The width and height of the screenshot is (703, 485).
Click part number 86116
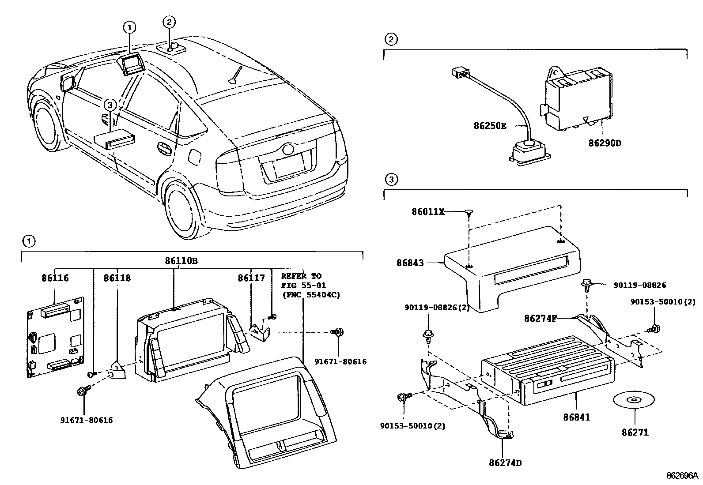point(55,278)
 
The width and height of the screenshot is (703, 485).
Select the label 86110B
point(181,261)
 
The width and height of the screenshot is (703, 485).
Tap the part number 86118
point(117,278)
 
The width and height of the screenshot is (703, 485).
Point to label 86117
point(251,278)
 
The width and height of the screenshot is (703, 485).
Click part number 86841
point(576,417)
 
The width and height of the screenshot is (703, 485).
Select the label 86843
point(410,263)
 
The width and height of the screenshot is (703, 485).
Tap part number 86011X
point(428,212)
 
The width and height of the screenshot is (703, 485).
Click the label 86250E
point(490,126)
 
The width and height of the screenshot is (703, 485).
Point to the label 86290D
point(605,143)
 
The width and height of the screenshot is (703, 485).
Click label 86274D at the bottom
point(505,463)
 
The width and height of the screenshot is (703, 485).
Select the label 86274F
point(540,319)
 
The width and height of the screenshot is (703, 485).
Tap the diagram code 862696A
point(682,476)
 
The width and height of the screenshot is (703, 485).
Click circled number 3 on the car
point(110,105)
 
